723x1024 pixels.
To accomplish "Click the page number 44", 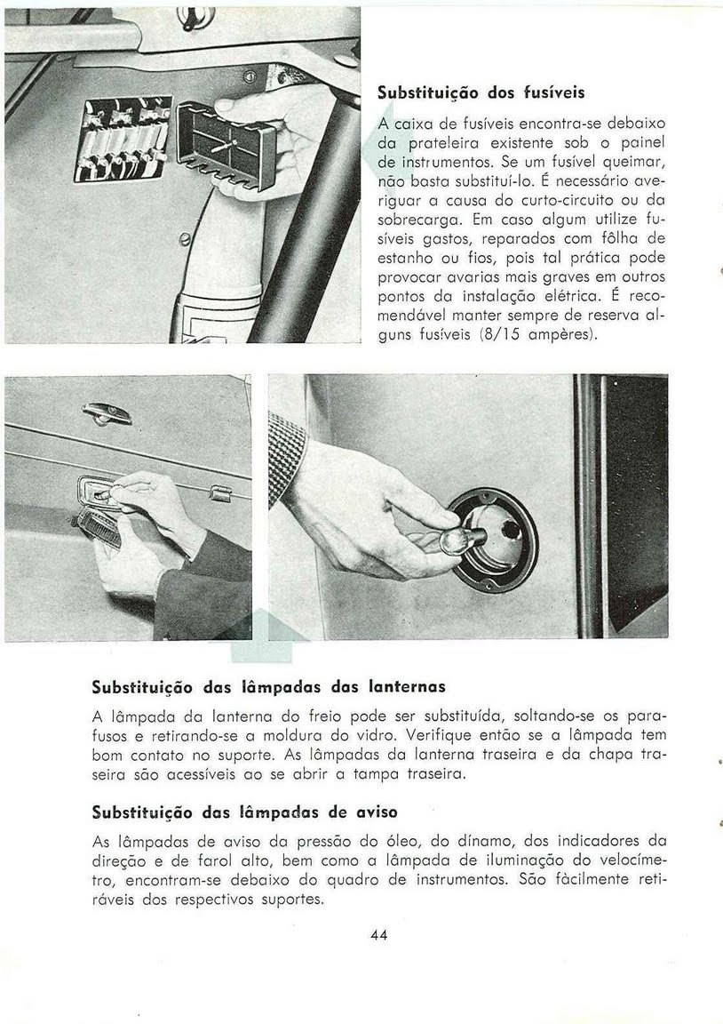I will [379, 934].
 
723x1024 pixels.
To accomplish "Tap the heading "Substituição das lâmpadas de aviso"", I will [244, 812].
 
